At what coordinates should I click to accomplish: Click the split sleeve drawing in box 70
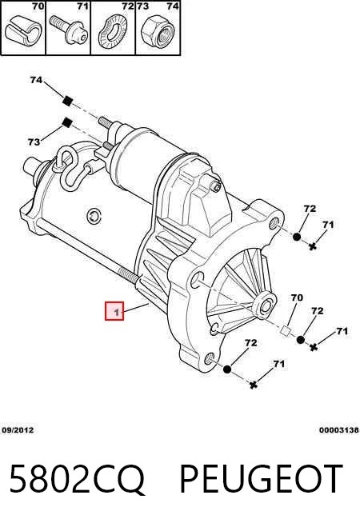pyautogui.click(x=23, y=31)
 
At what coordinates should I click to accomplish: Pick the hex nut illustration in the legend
pyautogui.click(x=158, y=30)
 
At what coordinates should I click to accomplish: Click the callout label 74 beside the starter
pyautogui.click(x=36, y=80)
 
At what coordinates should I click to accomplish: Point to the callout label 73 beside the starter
pyautogui.click(x=34, y=142)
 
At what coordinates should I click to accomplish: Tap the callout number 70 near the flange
pyautogui.click(x=297, y=297)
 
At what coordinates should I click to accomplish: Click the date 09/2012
pyautogui.click(x=18, y=430)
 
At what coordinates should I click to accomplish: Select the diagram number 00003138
pyautogui.click(x=338, y=430)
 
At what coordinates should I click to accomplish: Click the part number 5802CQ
pyautogui.click(x=78, y=479)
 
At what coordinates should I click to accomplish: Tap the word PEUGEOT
pyautogui.click(x=262, y=479)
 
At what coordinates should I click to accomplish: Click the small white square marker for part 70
pyautogui.click(x=286, y=331)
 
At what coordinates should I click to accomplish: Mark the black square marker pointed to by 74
pyautogui.click(x=68, y=100)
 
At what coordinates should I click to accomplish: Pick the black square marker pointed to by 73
pyautogui.click(x=68, y=122)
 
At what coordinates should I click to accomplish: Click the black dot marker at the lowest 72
pyautogui.click(x=227, y=369)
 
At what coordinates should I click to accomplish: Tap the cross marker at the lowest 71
pyautogui.click(x=254, y=385)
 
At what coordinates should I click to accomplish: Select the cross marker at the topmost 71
pyautogui.click(x=313, y=246)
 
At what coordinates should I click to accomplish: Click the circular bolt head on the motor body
pyautogui.click(x=94, y=216)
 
